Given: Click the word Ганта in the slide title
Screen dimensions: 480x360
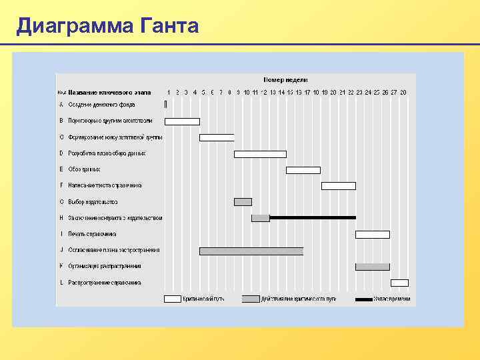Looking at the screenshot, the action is click(170, 26).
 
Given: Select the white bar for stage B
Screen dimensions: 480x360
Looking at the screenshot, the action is click(182, 121).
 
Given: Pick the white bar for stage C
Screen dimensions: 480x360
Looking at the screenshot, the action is click(217, 137).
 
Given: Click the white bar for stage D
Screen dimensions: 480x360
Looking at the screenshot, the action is click(260, 154).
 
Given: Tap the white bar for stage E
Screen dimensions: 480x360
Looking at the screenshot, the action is click(303, 170).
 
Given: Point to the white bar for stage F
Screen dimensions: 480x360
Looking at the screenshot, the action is click(339, 186).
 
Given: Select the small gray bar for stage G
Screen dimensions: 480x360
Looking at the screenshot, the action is click(243, 202).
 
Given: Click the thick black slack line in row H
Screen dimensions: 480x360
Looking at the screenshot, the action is click(313, 217).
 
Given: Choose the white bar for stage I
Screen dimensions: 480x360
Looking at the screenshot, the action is click(373, 235).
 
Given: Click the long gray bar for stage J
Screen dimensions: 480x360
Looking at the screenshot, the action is click(251, 251).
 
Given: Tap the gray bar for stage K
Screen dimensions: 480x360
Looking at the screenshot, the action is click(373, 267).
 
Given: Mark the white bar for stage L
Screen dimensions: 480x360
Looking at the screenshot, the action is click(399, 283).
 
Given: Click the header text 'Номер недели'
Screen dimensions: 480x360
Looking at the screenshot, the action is click(285, 79).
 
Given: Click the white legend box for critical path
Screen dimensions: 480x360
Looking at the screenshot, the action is click(173, 299).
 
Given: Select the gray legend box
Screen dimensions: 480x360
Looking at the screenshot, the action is click(251, 299).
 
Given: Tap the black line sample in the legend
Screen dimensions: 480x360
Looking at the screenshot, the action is click(364, 299).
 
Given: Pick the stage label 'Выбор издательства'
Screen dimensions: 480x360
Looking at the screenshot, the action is click(93, 201).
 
